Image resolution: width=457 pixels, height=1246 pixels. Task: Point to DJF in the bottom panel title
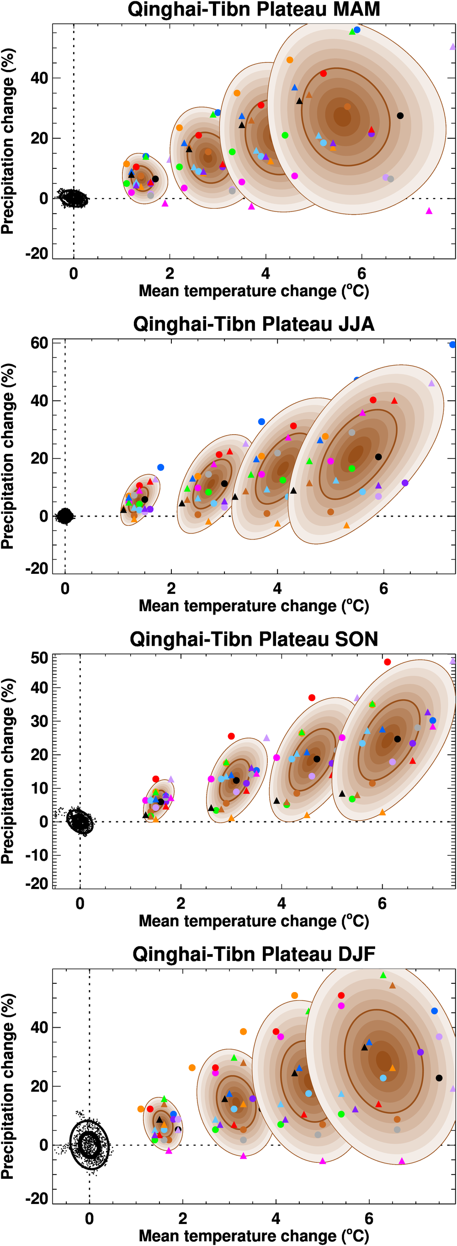356,955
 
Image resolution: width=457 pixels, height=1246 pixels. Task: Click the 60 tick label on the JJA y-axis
39,344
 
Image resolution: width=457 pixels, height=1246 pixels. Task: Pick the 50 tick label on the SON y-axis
39,658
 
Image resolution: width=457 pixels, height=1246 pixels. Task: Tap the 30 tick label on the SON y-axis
39,721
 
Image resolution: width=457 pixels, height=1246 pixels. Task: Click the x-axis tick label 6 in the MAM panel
361,274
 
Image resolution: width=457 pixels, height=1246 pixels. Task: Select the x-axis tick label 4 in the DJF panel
276,1219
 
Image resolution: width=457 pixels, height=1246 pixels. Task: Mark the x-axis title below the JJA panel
254,606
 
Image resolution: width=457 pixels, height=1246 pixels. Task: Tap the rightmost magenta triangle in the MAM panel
429,211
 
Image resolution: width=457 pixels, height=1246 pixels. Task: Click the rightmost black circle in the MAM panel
400,116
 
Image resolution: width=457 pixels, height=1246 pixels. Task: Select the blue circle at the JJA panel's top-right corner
452,345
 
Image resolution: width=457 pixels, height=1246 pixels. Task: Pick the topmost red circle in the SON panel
387,662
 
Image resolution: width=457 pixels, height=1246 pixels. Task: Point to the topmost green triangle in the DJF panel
383,975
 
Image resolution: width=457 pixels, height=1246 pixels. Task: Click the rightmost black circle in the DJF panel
439,1078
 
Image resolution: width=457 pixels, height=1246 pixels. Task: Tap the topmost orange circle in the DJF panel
295,995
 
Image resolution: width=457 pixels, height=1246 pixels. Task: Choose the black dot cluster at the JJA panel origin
64,516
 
